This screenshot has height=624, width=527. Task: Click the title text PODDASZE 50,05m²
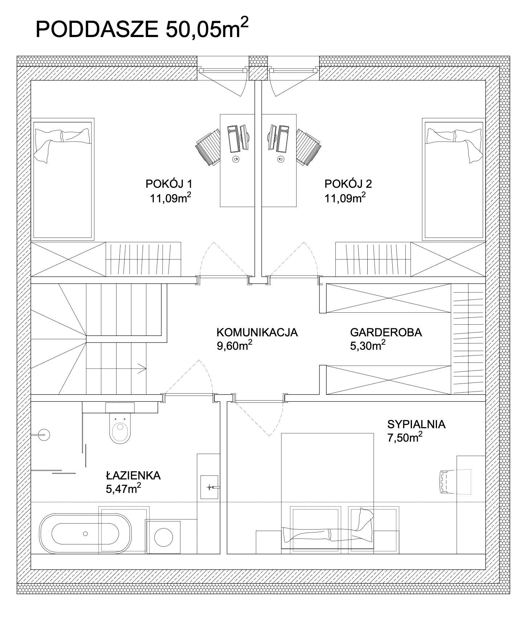(142, 29)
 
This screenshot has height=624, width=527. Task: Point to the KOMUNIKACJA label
(257, 332)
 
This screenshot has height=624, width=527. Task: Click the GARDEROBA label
(386, 332)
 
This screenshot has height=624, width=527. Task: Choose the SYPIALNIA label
(416, 424)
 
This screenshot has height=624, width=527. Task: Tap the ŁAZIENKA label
(133, 475)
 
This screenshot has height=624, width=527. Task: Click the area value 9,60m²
(234, 345)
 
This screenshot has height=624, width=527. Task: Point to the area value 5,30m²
(368, 345)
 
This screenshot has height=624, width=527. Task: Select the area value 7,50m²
(405, 437)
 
